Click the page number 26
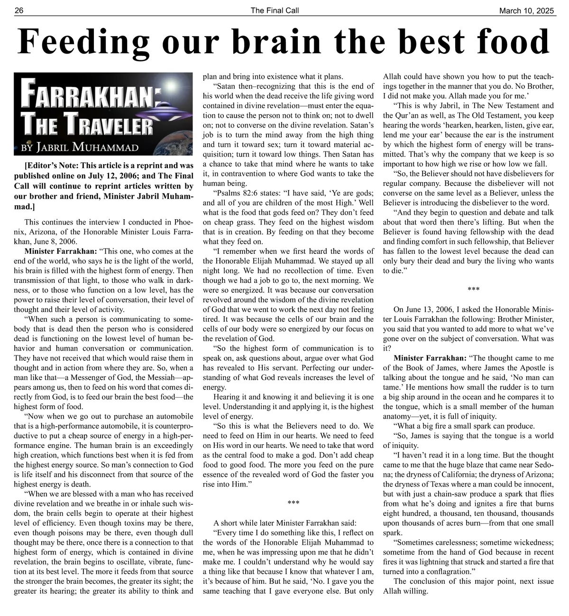click(19, 10)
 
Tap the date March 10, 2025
click(526, 10)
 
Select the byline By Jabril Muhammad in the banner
click(80, 147)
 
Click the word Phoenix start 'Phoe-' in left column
click(183, 222)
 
